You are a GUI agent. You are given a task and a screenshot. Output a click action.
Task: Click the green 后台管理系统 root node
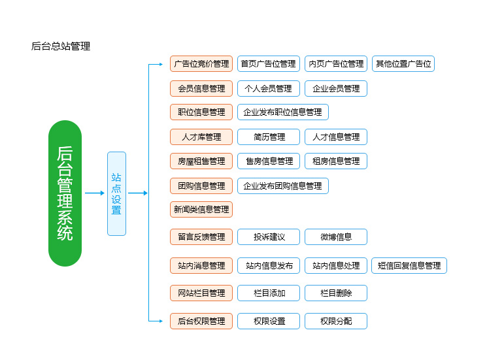(65, 193)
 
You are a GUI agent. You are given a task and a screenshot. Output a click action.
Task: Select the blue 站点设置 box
(116, 193)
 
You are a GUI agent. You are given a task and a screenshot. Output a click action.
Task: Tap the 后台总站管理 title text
(61, 46)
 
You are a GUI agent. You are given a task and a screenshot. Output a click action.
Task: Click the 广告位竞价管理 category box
(201, 64)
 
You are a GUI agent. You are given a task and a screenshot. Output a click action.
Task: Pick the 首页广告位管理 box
(268, 64)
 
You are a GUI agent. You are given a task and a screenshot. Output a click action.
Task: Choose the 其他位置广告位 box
(403, 64)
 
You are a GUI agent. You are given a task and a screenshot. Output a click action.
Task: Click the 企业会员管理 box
(336, 88)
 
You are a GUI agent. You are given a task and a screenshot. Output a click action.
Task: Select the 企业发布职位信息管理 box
(282, 112)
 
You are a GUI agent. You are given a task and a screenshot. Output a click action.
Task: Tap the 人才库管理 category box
(201, 137)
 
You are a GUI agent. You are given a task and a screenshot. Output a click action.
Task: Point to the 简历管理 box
(268, 137)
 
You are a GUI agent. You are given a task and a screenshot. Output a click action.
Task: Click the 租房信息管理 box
(336, 161)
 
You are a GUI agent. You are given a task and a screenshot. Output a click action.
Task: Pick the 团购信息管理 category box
(201, 186)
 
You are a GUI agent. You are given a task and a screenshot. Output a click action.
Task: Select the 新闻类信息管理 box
(201, 210)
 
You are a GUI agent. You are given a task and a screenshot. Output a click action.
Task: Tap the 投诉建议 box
(268, 237)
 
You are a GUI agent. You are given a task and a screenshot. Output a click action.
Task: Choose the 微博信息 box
(336, 237)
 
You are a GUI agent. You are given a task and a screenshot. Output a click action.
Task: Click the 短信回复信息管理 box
(409, 266)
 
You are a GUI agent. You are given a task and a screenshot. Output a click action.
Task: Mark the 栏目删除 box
(336, 293)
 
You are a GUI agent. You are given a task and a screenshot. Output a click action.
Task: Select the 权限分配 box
(336, 321)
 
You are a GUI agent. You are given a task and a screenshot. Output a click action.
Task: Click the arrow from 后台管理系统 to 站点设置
(94, 193)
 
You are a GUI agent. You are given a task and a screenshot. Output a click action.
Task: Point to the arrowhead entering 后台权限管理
(160, 321)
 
